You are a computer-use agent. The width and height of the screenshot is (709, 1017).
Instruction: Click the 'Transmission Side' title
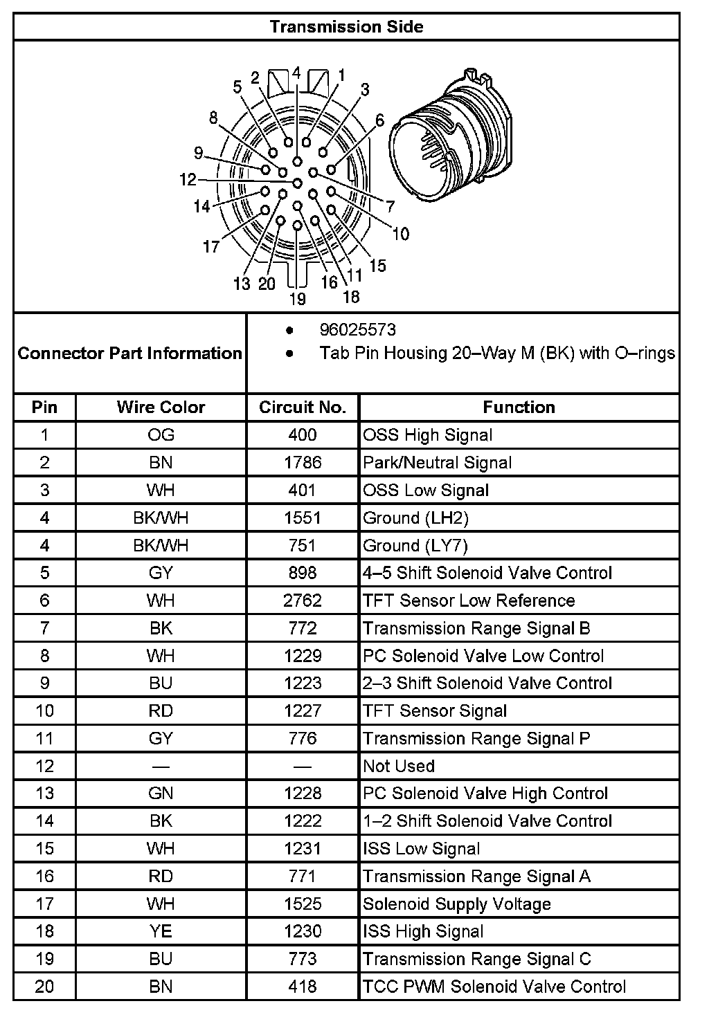tap(346, 27)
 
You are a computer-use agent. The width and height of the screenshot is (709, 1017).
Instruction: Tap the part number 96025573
tap(357, 330)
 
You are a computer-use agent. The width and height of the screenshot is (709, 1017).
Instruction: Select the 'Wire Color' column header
tap(161, 407)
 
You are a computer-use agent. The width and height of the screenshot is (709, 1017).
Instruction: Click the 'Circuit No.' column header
tap(303, 407)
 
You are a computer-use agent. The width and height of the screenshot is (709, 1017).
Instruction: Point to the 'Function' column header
tap(519, 407)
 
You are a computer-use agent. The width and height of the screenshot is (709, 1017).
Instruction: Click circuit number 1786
tap(303, 463)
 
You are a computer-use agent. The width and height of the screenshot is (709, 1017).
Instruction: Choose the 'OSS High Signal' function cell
tap(428, 435)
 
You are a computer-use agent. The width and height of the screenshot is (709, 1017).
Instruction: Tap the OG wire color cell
tap(161, 435)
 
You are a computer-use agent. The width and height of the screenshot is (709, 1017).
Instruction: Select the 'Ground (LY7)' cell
tap(415, 546)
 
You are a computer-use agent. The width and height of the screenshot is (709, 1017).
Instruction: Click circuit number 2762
tap(303, 601)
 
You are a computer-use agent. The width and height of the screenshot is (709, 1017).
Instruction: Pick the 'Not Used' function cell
tap(399, 766)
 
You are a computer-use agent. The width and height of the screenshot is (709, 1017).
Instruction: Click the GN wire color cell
tap(161, 794)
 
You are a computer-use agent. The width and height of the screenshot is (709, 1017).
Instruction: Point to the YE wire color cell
tap(161, 931)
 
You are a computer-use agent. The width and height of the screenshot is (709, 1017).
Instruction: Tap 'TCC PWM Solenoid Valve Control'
tap(494, 987)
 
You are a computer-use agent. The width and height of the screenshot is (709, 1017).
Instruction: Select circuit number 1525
tap(303, 904)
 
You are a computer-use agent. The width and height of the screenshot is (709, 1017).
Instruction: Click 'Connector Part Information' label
tap(130, 354)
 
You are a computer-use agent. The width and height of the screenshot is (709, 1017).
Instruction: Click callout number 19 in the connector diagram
tap(297, 299)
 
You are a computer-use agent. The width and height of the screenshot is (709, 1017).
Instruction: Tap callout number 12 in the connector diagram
tap(188, 180)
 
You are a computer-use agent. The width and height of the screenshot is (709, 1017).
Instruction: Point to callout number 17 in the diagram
tap(211, 247)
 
